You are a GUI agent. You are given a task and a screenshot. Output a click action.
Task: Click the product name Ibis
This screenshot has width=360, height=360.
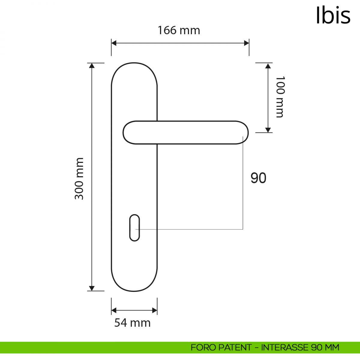click(333, 16)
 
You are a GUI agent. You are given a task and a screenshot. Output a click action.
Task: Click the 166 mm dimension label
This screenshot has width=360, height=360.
click(179, 30)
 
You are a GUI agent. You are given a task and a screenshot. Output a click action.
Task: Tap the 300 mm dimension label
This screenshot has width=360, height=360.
click(79, 178)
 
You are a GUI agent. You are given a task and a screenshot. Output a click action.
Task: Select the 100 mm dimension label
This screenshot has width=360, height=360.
click(280, 97)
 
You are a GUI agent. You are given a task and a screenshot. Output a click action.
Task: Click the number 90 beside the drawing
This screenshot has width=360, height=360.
click(258, 178)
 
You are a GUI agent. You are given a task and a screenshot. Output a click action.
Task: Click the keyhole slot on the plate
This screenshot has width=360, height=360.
click(134, 228)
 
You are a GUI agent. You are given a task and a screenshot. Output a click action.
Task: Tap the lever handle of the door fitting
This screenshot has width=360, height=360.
click(185, 133)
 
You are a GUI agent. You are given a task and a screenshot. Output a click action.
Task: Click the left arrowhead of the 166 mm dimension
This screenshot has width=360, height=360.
click(114, 43)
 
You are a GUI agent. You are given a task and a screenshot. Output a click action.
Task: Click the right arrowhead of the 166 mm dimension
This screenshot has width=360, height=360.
click(247, 43)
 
